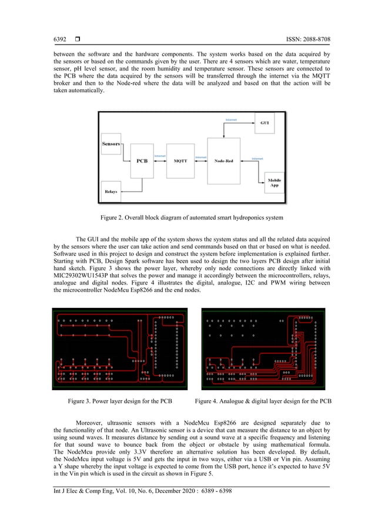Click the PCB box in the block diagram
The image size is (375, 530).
coord(142,161)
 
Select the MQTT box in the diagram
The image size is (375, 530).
coord(180,161)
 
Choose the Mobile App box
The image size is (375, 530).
coord(274,183)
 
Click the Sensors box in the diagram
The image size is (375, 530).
coord(111,144)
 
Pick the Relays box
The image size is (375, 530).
coord(111,192)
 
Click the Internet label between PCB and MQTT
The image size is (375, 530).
coord(160,156)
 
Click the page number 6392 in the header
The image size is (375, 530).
coord(60,39)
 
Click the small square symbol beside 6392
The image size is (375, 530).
coord(77,39)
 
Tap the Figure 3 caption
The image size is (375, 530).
coord(120,401)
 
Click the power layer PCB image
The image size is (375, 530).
coord(119,348)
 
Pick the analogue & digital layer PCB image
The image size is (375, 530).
coord(263,348)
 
